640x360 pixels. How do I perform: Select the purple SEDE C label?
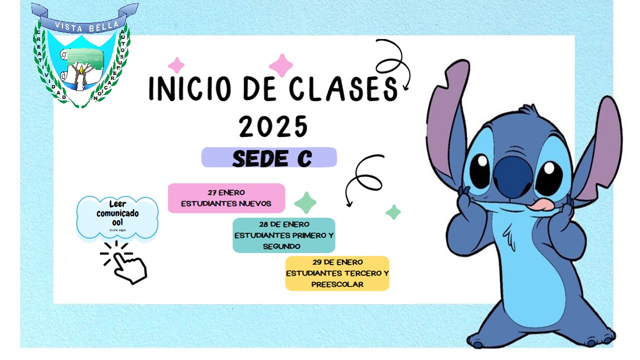(x=269, y=157)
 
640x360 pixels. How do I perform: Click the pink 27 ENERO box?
(x=226, y=198)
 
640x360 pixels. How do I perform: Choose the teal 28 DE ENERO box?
(x=283, y=235)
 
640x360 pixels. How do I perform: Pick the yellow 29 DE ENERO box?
(x=337, y=273)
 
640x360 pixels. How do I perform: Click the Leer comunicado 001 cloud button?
(x=117, y=216)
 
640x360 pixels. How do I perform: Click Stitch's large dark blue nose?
(x=512, y=175)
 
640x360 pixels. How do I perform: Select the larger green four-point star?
(x=305, y=202)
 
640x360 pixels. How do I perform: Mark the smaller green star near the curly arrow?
(x=393, y=212)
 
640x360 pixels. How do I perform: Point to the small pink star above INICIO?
(x=176, y=65)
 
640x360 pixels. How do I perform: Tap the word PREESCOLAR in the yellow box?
(x=337, y=284)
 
